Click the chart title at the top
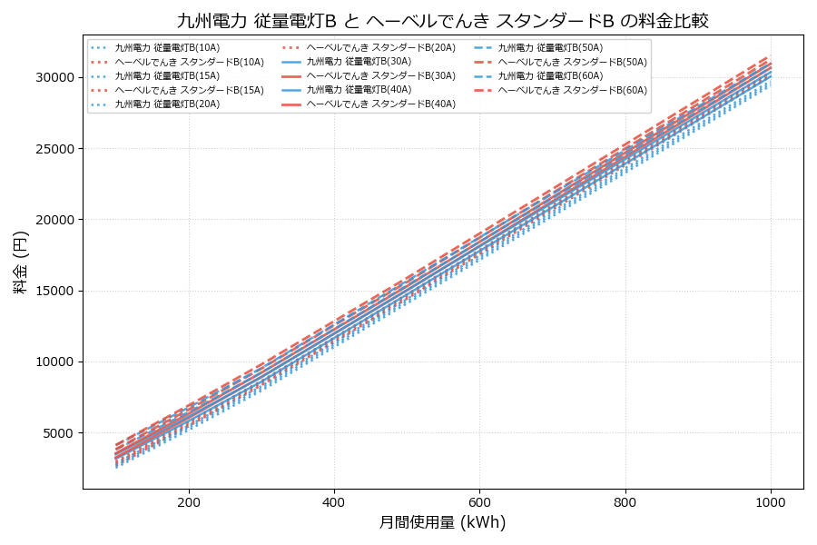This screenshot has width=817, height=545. coord(442,20)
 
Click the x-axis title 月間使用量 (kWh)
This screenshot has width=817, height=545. coord(442,522)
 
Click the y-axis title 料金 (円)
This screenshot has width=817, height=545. coord(20,262)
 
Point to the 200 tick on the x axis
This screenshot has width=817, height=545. coord(189,502)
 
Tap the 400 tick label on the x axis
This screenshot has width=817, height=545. coord(334,502)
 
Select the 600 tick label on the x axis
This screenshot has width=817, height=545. coord(479,502)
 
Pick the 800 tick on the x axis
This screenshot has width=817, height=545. coord(625,502)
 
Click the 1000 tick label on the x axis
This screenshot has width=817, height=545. coord(771,502)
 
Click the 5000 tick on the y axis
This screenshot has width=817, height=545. coord(58,433)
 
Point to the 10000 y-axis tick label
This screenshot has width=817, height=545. coord(54,362)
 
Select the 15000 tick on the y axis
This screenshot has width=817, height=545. coord(54,291)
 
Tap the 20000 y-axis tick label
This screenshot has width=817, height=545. coord(54,220)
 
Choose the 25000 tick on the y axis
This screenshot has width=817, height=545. coord(54,149)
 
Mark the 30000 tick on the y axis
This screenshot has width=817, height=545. coord(54,77)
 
